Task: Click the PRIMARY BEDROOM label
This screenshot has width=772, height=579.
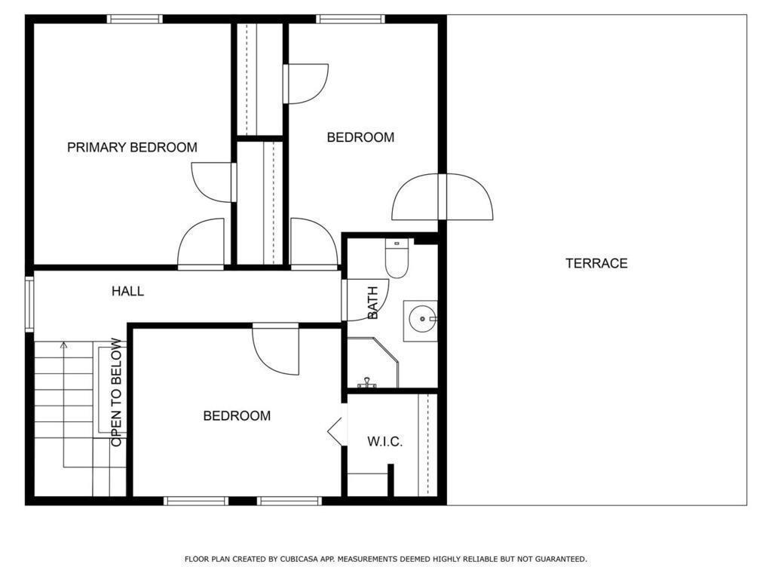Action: [x=132, y=147]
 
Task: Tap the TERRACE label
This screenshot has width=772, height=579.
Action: [x=596, y=263]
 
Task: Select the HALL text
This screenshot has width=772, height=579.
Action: [x=127, y=291]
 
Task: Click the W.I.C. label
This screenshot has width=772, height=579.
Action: [x=384, y=442]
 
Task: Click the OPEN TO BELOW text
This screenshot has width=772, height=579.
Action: [x=116, y=392]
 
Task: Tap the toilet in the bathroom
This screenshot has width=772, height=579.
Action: [x=397, y=258]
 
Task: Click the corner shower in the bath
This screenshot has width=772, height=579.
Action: [x=372, y=364]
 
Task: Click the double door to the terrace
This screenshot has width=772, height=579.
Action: [x=443, y=197]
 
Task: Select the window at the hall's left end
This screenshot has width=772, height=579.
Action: [x=29, y=304]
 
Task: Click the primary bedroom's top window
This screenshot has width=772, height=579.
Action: [x=134, y=19]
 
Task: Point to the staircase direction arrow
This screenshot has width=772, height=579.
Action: [x=64, y=346]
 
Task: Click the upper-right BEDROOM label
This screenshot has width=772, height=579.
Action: [x=360, y=137]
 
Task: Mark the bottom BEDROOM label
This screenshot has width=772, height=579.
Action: [x=237, y=415]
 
